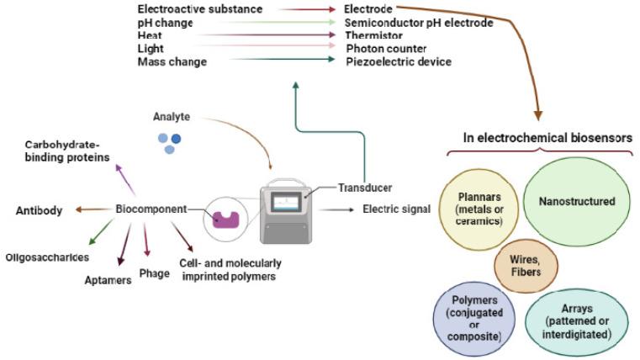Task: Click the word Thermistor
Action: tap(373, 36)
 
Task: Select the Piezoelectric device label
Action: tap(398, 61)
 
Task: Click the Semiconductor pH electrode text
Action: tap(419, 23)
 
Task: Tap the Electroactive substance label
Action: tap(199, 9)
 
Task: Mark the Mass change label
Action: tap(172, 61)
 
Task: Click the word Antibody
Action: tap(39, 210)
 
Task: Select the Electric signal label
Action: tap(396, 209)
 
